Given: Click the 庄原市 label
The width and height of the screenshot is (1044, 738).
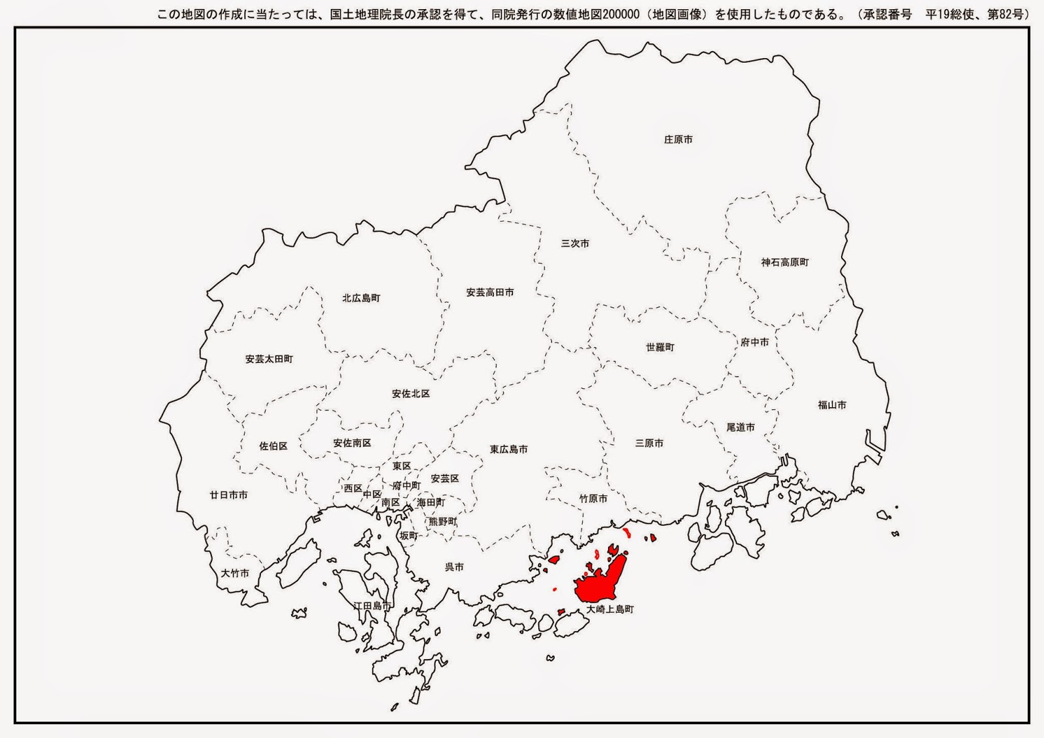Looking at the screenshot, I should (x=678, y=140).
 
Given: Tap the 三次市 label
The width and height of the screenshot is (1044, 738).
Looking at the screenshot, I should (x=575, y=243).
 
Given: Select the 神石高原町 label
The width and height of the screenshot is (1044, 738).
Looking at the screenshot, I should (x=784, y=262).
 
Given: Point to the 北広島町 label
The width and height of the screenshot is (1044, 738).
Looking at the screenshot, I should (x=361, y=298).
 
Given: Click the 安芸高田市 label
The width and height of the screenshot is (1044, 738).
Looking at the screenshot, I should (x=489, y=293).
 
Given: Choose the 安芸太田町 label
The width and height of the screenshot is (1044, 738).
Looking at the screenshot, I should (x=269, y=359).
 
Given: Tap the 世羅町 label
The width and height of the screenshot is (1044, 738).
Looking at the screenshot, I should (x=660, y=348).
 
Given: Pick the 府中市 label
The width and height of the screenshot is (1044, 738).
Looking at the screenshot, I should (x=754, y=343).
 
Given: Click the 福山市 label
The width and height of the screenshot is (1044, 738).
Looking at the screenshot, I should (x=832, y=405).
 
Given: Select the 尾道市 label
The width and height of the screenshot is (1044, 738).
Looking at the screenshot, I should (x=740, y=427).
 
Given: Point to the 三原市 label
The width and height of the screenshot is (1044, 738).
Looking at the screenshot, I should (x=649, y=444).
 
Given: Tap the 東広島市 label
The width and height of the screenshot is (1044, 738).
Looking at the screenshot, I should (x=508, y=450).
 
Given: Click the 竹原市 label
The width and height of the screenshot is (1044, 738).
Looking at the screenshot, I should (x=593, y=499).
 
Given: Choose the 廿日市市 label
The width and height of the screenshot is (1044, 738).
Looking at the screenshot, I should (x=228, y=495).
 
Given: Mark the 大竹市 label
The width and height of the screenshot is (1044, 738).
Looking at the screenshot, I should (x=234, y=574).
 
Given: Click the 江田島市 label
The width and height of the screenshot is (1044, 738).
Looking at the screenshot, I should (x=372, y=606).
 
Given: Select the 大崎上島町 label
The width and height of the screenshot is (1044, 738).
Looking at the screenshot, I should (x=609, y=609).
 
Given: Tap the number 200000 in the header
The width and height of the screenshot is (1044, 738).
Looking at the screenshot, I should (x=621, y=14).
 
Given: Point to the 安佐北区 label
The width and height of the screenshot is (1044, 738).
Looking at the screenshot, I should (x=410, y=394).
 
